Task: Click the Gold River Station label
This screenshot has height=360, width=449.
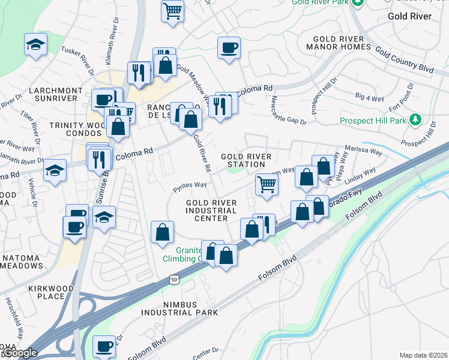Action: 246,160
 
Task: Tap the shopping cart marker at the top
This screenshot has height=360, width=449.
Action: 172,10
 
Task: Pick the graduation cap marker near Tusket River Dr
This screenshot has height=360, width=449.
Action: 35,44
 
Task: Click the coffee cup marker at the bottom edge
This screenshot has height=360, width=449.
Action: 104,346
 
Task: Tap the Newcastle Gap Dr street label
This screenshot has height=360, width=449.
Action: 289,110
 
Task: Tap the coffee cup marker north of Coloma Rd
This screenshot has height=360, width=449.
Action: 228,47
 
